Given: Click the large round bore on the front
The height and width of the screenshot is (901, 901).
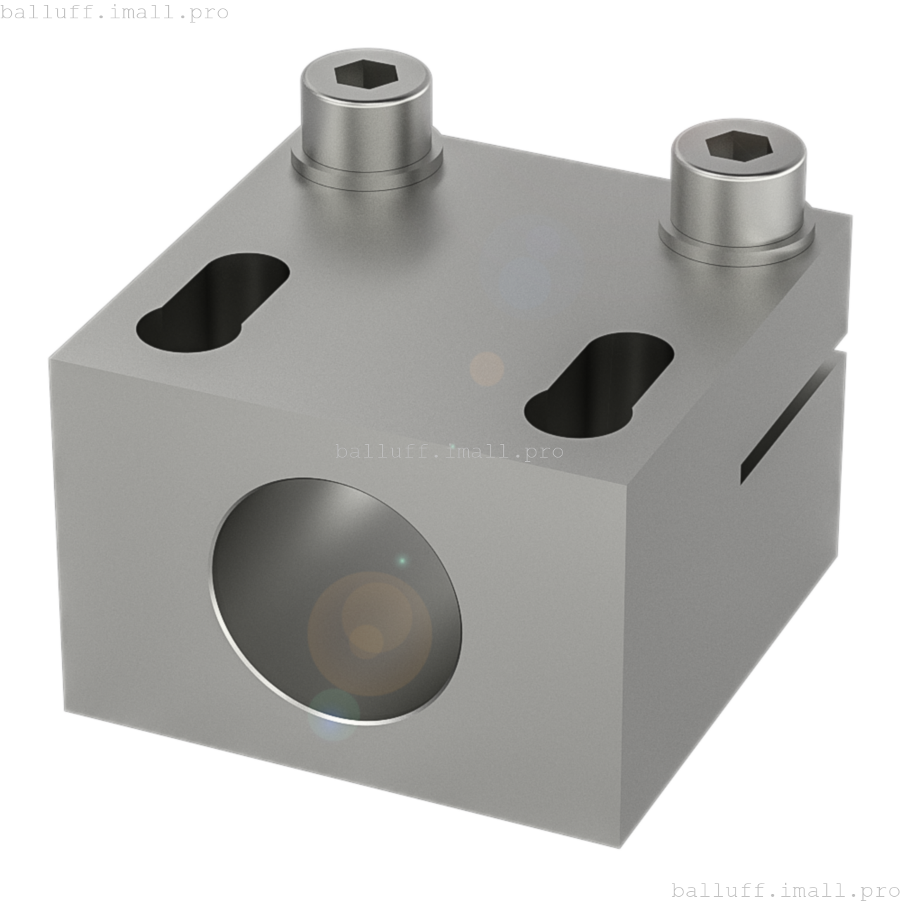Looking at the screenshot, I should (336, 600).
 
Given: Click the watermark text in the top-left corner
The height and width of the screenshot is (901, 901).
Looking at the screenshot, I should (115, 13).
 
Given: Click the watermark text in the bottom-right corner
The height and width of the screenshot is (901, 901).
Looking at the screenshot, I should (786, 890).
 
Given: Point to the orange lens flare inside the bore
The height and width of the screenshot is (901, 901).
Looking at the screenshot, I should (370, 632).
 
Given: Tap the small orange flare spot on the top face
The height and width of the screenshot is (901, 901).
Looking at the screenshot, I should (486, 369).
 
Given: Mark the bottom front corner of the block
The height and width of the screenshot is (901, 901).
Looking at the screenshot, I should (621, 845).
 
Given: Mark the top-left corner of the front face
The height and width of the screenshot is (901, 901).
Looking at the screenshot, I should (51, 360).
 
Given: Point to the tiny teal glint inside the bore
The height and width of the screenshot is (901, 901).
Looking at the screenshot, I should (402, 561).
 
